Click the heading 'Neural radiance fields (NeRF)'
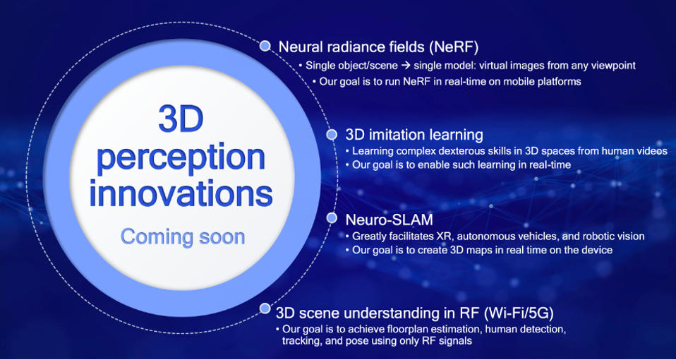pyautogui.click(x=378, y=47)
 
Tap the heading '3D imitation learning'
pyautogui.click(x=414, y=135)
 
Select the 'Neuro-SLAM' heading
pyautogui.click(x=389, y=220)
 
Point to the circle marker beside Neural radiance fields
pyautogui.click(x=265, y=46)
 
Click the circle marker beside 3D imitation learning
pyautogui.click(x=331, y=135)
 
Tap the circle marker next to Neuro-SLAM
pyautogui.click(x=332, y=218)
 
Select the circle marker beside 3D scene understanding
pyautogui.click(x=265, y=308)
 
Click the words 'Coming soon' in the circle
pyautogui.click(x=182, y=236)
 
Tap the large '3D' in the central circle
pyautogui.click(x=181, y=119)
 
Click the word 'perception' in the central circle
pyautogui.click(x=181, y=158)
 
